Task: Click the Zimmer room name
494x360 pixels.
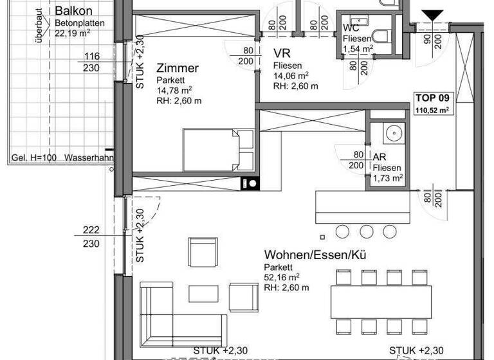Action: tap(177, 68)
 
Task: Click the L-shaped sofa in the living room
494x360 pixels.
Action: tap(180, 314)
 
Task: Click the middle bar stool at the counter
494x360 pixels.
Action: tap(367, 231)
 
